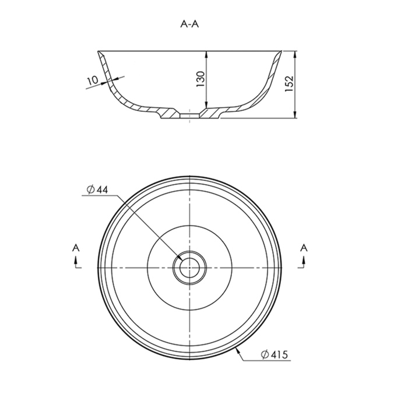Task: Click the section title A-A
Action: coord(189,24)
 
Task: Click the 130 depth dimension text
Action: coord(201,79)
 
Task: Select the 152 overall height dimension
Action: coord(289,83)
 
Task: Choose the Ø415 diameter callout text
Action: coord(275,354)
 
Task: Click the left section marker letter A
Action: coord(76,248)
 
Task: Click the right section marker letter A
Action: coord(304,248)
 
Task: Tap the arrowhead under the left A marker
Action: coord(76,260)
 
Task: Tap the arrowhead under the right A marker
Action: coord(304,260)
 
